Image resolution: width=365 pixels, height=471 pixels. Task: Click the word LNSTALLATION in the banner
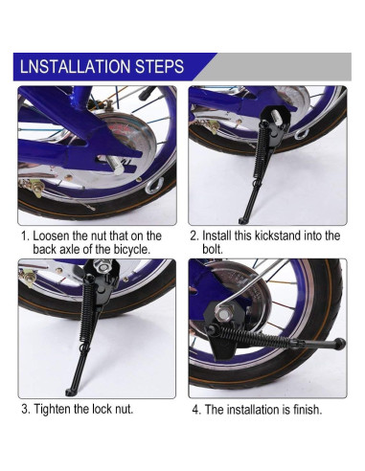tap(76, 66)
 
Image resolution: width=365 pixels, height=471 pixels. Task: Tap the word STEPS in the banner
tap(159, 66)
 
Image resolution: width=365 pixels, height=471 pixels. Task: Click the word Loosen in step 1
tap(51, 235)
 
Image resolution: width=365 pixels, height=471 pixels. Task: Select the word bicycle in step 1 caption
tap(131, 249)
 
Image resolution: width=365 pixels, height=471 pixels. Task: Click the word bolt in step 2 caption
tap(213, 249)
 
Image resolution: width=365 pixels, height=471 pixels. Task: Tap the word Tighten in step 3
tap(52, 409)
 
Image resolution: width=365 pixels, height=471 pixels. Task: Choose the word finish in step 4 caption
tap(308, 410)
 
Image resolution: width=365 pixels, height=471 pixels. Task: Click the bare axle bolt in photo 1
tap(114, 165)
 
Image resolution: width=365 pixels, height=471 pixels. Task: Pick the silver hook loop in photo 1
tap(154, 186)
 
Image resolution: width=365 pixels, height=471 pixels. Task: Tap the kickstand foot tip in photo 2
tap(241, 220)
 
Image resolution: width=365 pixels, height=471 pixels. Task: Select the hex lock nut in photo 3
tap(103, 266)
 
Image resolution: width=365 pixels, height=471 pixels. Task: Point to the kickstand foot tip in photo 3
tap(69, 392)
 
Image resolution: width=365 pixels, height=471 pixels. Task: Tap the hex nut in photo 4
tap(223, 313)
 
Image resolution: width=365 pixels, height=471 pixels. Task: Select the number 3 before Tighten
tap(25, 409)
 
